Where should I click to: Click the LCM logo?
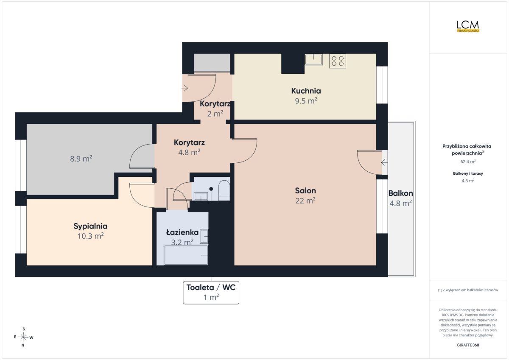pos(468,26)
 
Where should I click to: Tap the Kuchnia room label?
pos(306,91)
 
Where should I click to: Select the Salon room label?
pos(305,190)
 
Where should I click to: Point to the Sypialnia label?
pos(90,226)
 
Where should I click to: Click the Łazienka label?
pos(182,232)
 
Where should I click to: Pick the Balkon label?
pos(400,193)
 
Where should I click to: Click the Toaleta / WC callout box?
pos(211,293)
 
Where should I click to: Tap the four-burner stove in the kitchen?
pos(338,61)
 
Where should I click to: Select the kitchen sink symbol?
pos(313,59)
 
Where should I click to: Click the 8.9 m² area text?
pos(81,159)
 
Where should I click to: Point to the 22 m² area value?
pos(305,201)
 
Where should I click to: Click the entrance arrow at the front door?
pos(185,88)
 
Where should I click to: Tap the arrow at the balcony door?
pos(384,162)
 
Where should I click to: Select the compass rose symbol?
pos(23,337)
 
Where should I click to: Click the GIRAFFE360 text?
pos(468,345)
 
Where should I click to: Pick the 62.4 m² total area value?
pos(468,162)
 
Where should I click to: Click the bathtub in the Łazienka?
pos(186,255)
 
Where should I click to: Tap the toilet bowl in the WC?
pos(224,190)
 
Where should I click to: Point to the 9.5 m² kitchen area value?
pos(306,101)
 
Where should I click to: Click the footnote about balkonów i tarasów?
pos(468,290)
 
